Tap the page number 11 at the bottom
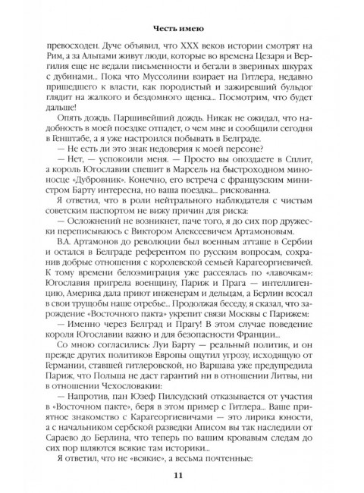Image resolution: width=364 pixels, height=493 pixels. pyautogui.click(x=181, y=475)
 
